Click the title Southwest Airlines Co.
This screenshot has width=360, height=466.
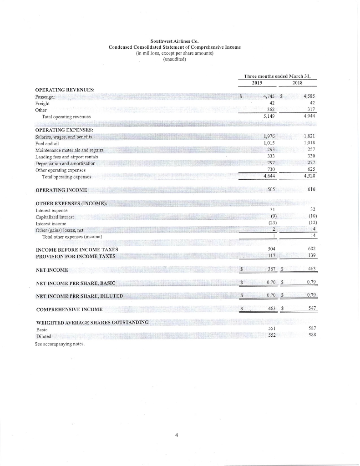pyautogui.click(x=174, y=41)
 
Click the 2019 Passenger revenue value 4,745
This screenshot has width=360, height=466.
pyautogui.click(x=265, y=96)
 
